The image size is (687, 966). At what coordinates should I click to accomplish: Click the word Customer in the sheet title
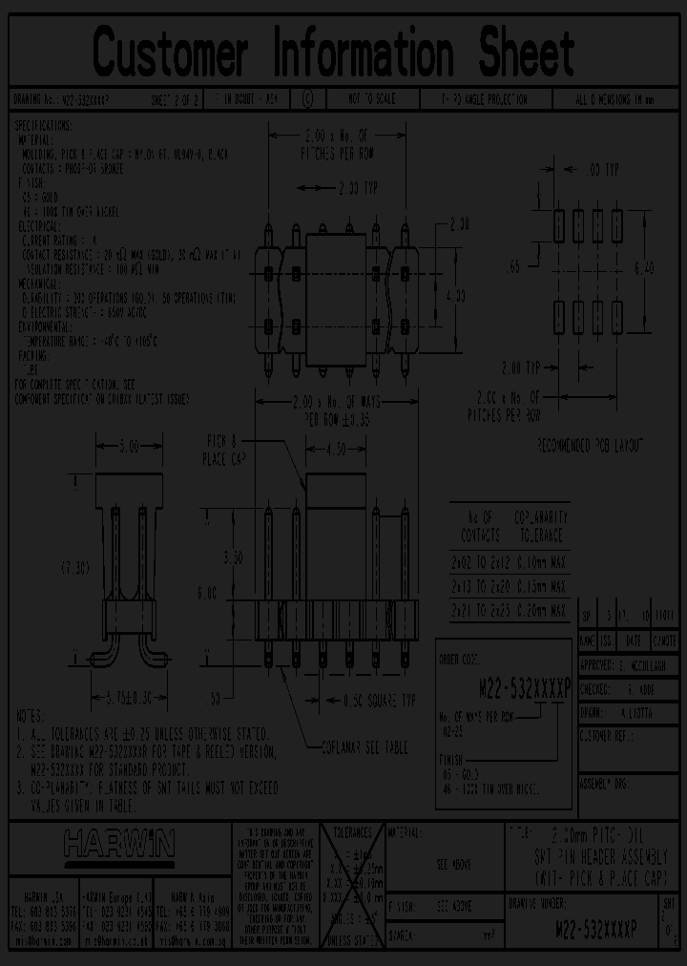(170, 52)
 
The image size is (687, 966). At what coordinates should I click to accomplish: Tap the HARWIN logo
(119, 843)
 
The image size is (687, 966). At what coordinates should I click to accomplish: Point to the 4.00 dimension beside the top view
(455, 297)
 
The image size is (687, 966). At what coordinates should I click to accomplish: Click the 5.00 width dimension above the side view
(128, 446)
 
